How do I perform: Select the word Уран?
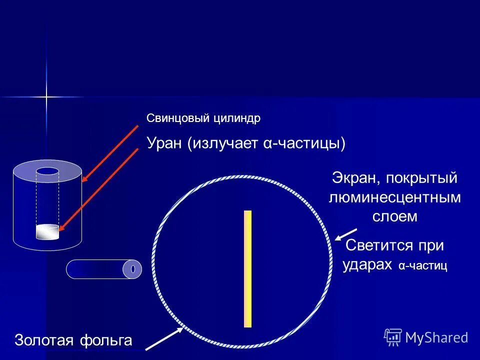click(164, 143)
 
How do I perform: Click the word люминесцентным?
click(394, 197)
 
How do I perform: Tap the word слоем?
click(394, 216)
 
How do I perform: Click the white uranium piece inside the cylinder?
click(47, 232)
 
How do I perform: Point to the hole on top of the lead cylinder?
click(47, 171)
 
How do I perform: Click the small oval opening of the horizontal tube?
click(133, 269)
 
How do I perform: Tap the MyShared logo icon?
click(393, 337)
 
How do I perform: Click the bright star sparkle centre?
click(46, 96)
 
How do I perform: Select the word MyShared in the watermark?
click(436, 337)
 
